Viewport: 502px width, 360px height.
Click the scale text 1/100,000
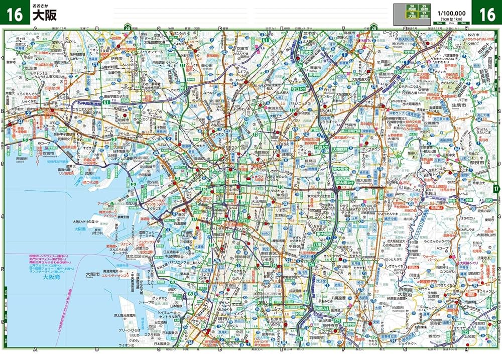(451, 13)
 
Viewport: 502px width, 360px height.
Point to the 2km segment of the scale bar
(451, 23)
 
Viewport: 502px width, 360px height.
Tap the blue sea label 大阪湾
(51, 277)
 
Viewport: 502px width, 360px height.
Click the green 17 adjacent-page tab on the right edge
(496, 189)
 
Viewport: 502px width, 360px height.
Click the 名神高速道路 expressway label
(92, 102)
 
